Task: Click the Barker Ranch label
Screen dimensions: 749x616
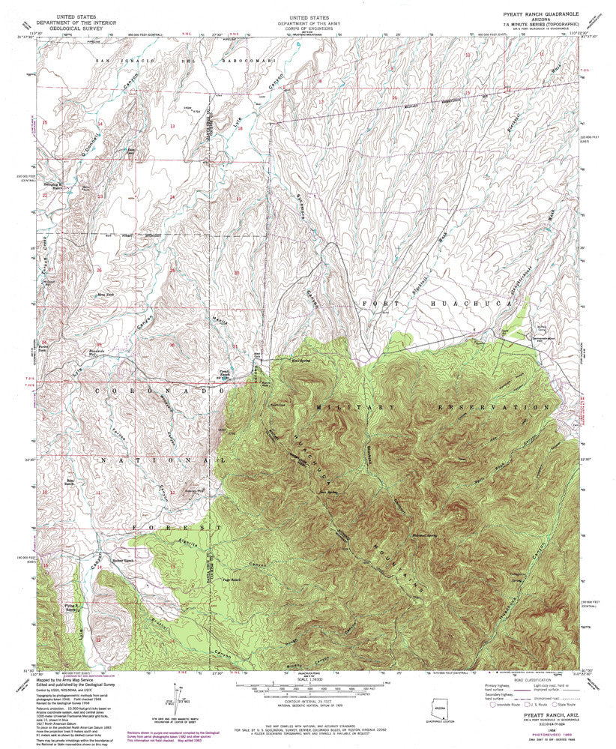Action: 122,560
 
